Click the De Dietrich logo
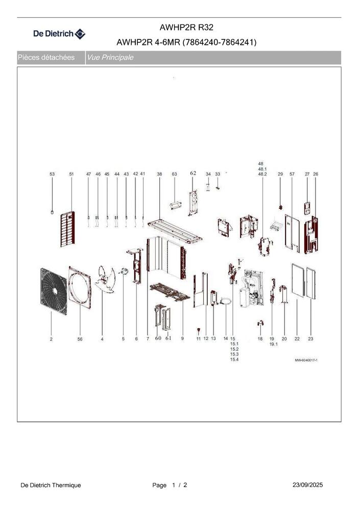click(59, 34)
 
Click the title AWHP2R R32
click(186, 28)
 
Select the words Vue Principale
click(110, 58)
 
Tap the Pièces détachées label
click(46, 58)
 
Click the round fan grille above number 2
click(54, 291)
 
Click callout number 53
click(52, 174)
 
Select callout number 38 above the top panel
click(159, 174)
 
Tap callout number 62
click(193, 173)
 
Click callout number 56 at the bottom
click(80, 339)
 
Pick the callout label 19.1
click(274, 344)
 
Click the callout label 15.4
click(234, 359)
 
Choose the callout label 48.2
click(262, 174)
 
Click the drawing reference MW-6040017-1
click(306, 360)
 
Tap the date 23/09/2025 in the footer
click(307, 485)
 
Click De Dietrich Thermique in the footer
click(51, 485)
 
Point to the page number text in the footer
click(170, 485)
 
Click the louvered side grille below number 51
click(67, 229)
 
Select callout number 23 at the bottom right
click(310, 339)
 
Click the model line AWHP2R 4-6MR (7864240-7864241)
click(186, 42)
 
